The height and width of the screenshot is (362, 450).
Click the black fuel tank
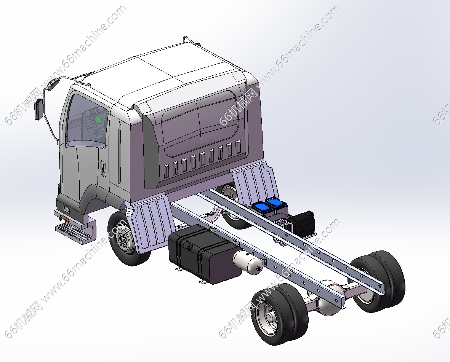click(x=204, y=254)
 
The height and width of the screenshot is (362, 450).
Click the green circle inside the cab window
click(x=98, y=120)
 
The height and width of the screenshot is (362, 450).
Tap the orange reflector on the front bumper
click(x=65, y=218)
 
